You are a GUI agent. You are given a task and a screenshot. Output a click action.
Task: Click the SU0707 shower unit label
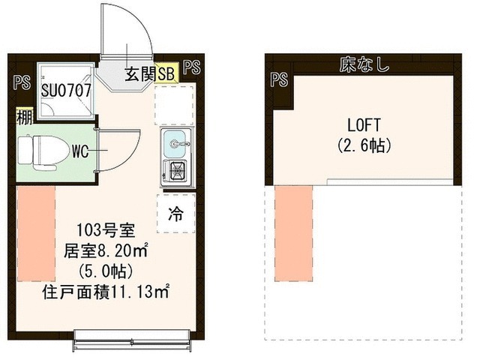[x=67, y=90]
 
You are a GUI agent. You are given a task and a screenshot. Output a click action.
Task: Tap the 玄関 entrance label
[x=139, y=73]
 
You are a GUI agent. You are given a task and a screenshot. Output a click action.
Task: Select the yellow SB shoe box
[x=166, y=73]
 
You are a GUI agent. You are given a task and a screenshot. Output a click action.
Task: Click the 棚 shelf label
[x=24, y=118]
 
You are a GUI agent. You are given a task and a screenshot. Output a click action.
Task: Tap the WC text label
[x=82, y=151]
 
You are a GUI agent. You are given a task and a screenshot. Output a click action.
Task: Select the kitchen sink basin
[x=177, y=143]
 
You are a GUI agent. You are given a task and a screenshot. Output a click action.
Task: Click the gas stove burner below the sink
[x=178, y=172]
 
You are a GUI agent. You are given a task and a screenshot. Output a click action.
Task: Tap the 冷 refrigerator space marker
[x=175, y=214]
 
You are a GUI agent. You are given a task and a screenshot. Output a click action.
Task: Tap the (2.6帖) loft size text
[x=361, y=145]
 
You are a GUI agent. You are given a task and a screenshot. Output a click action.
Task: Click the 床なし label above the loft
[x=364, y=66]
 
